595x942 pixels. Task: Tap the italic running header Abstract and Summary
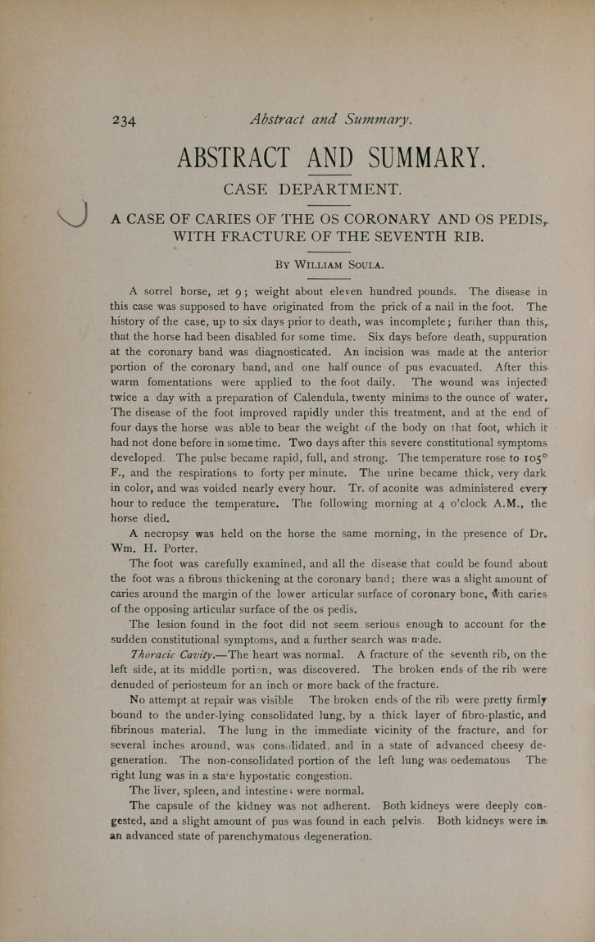pyautogui.click(x=332, y=121)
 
